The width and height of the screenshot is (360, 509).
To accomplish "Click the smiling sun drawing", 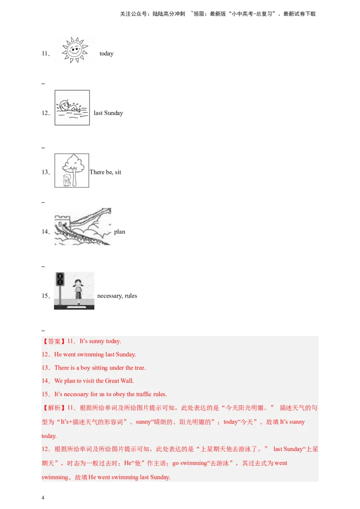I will click(75, 49).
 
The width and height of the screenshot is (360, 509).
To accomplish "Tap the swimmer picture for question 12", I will click(72, 107).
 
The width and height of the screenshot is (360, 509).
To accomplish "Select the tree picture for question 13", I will click(72, 170).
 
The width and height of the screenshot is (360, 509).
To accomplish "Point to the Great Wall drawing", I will click(83, 227).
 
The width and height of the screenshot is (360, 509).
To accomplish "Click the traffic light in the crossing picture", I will click(60, 279).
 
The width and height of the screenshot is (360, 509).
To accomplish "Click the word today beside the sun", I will click(107, 54).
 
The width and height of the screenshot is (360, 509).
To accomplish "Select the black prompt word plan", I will click(120, 232).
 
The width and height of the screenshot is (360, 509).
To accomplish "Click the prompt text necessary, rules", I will click(117, 296).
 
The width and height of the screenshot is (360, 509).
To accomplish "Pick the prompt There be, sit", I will click(105, 172).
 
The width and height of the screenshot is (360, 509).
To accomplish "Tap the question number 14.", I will click(45, 232).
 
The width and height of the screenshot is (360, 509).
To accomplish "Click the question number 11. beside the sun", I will click(45, 54).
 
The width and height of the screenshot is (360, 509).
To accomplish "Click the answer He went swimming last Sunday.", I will click(95, 354).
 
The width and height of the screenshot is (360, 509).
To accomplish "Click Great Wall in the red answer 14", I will click(119, 381).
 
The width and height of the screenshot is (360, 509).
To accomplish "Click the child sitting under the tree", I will click(67, 180).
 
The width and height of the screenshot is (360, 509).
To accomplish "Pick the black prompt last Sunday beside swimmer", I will click(108, 113).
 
